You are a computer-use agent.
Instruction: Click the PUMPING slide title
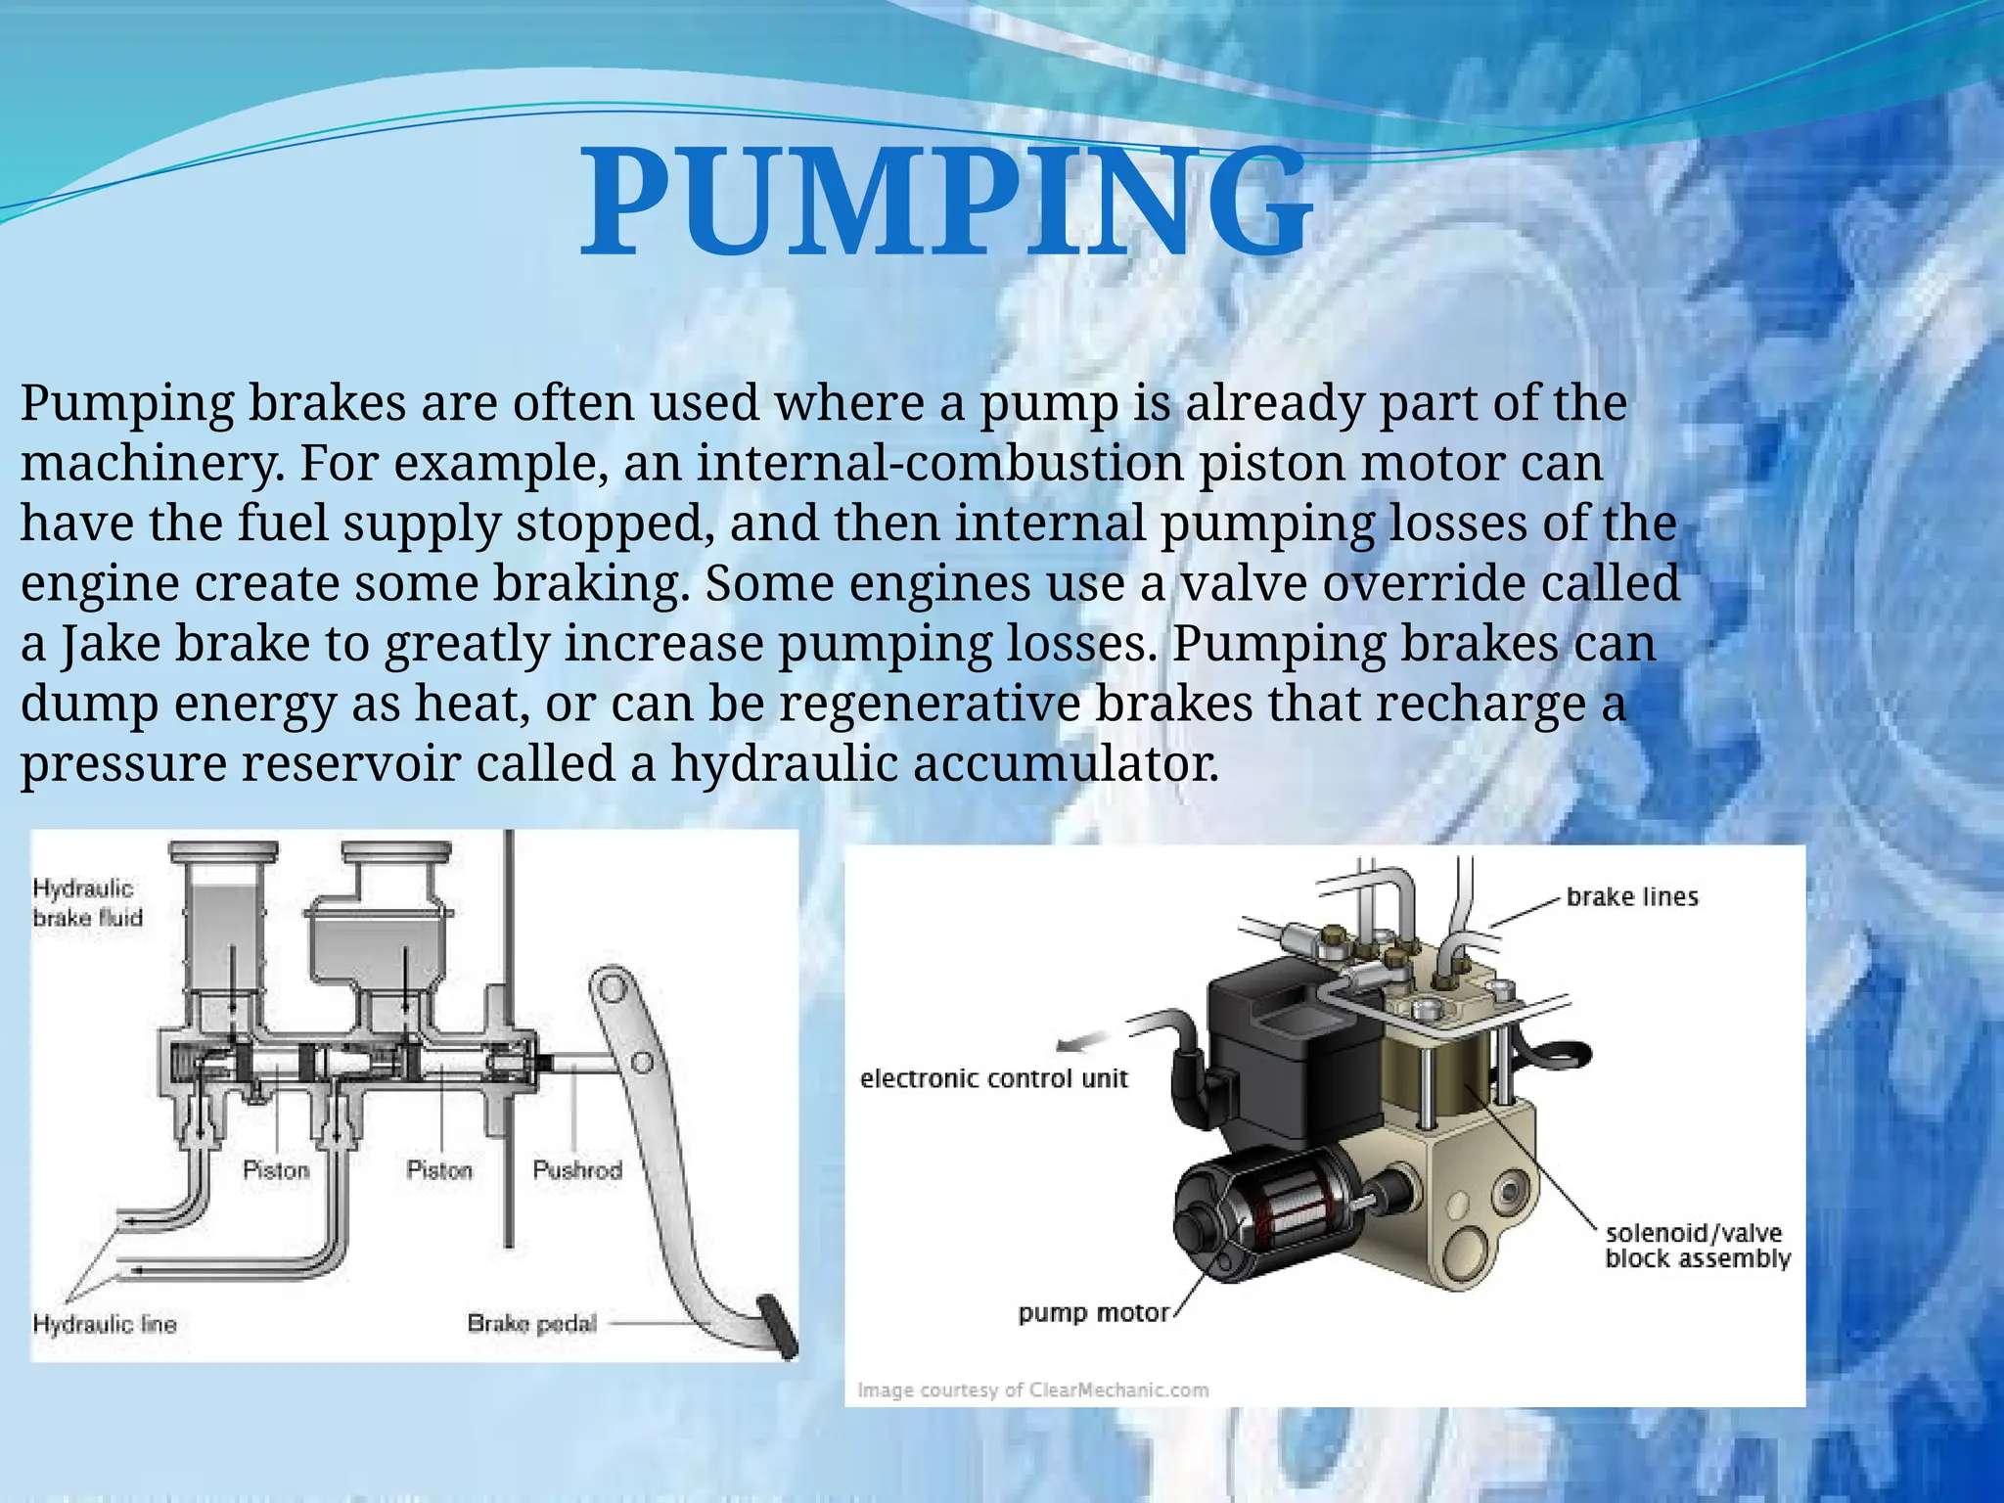[x=945, y=204]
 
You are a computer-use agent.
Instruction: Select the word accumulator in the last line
[x=1067, y=763]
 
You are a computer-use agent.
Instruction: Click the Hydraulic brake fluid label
[x=87, y=902]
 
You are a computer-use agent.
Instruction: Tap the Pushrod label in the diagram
[x=577, y=1169]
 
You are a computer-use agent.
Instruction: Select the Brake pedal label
[x=531, y=1323]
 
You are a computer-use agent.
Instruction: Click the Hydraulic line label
[x=105, y=1324]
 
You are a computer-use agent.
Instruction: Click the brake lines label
[x=1632, y=896]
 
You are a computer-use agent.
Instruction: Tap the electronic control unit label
[x=993, y=1078]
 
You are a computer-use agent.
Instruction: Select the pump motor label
[x=1093, y=1312]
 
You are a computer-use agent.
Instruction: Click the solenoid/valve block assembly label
[x=1698, y=1246]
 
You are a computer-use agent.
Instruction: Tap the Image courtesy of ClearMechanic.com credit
[x=1032, y=1389]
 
